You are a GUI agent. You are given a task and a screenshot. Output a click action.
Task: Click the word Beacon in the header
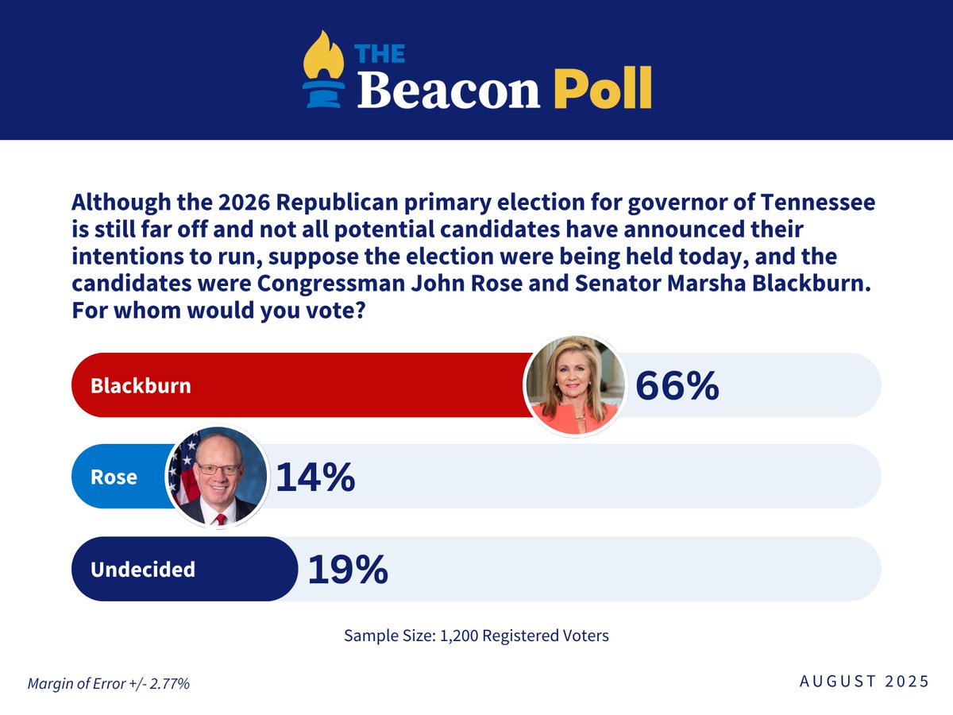coord(449,89)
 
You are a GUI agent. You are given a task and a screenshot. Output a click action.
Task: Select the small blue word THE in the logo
coord(380,53)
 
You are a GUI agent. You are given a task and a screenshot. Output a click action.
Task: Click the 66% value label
coord(677,385)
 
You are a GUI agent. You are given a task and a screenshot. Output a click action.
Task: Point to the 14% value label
coord(314,477)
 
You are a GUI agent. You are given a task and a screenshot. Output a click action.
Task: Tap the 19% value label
coord(347,569)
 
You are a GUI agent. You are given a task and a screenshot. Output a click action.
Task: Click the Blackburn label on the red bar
coord(141,385)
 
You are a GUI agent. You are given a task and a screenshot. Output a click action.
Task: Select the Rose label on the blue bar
coord(114,477)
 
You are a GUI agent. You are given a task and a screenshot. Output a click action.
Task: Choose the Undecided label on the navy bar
coord(143,569)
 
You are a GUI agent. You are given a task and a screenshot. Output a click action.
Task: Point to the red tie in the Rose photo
coord(221,519)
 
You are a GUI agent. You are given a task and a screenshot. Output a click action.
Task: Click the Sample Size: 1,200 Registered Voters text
coord(476,636)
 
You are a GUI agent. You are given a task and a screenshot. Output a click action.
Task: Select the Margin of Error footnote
coord(109,683)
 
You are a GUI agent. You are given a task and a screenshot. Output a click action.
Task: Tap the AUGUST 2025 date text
coord(864,681)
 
